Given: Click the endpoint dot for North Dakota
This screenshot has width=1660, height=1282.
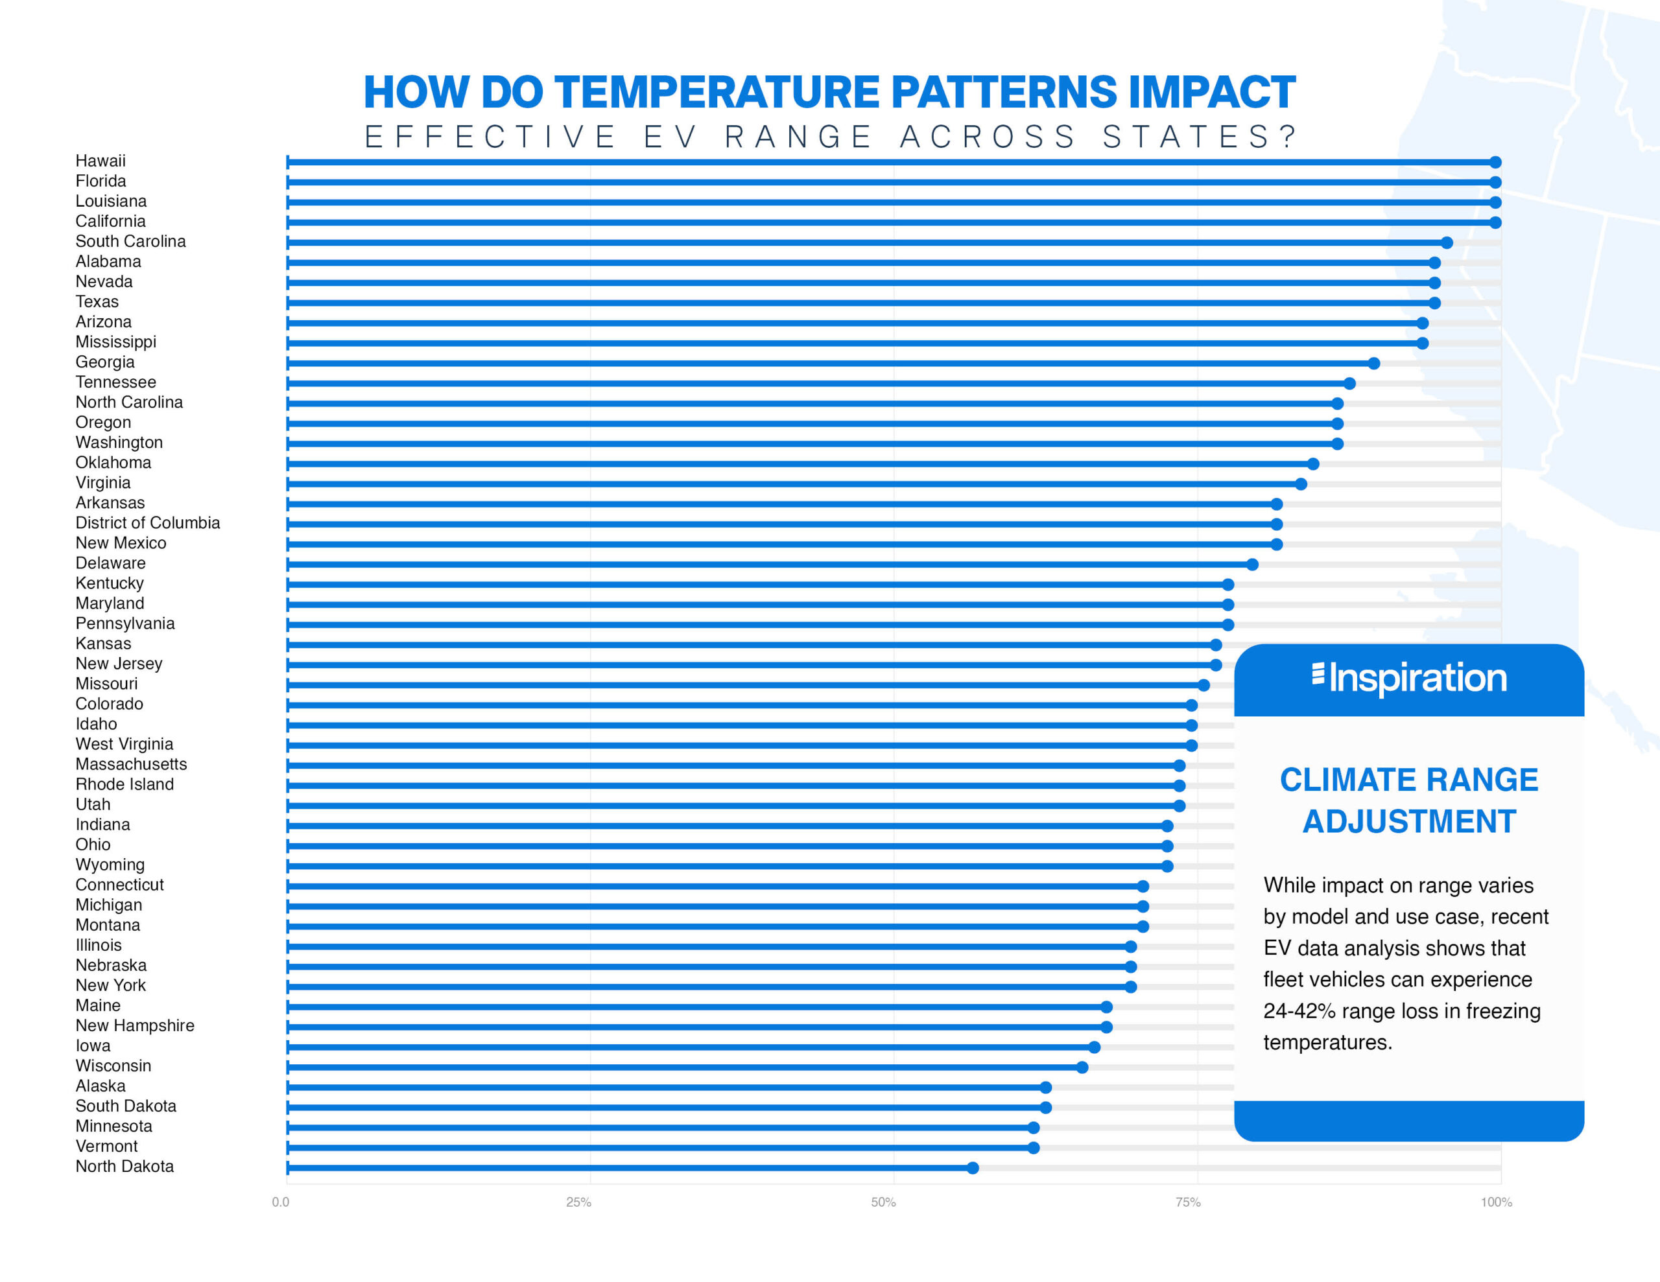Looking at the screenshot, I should click(x=973, y=1167).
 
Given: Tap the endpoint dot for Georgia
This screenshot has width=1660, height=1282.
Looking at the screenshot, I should click(x=1373, y=363).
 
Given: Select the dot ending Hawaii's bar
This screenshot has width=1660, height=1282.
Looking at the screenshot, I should click(x=1495, y=162).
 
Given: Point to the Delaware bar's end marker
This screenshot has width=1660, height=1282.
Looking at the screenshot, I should click(x=1253, y=565).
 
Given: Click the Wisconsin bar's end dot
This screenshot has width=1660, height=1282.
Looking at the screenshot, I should click(x=1082, y=1067).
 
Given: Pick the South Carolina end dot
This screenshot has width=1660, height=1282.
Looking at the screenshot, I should click(x=1447, y=242).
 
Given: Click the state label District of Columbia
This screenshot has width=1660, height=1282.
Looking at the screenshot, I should click(x=147, y=523).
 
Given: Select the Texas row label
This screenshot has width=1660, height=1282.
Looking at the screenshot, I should click(x=97, y=301).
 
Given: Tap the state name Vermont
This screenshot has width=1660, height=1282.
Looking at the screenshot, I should click(x=106, y=1146).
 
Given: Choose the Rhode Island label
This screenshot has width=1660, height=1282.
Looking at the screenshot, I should click(x=124, y=784).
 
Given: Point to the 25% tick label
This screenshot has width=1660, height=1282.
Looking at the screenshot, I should click(x=578, y=1202).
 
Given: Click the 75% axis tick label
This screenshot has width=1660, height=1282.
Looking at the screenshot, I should click(x=1188, y=1202).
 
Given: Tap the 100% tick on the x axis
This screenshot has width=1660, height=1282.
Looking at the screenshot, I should click(x=1496, y=1202).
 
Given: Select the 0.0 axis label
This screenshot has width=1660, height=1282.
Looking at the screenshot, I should click(x=281, y=1202).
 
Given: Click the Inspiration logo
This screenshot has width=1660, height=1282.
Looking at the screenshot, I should click(x=1409, y=678).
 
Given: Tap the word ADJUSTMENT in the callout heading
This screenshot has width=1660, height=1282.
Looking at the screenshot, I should click(x=1409, y=821).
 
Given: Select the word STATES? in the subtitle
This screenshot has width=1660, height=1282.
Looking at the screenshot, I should click(x=1200, y=137).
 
